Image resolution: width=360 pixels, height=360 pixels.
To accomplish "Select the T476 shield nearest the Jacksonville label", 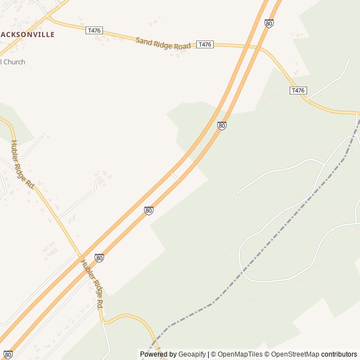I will pos(94,30).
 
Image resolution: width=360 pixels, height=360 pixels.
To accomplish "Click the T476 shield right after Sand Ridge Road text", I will pos(205,44).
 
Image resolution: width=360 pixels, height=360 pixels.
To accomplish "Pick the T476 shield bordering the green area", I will pos(298,91).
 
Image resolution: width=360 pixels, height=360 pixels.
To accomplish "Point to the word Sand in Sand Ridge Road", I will pos(144,40).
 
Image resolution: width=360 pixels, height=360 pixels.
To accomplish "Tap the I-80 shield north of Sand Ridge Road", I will pos(269,23).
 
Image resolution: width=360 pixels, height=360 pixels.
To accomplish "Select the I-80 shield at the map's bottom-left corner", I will pos(8,355).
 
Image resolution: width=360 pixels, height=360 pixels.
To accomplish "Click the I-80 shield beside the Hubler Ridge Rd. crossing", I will pos(99,258).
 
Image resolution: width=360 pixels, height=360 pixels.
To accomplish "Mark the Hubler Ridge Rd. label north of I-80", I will pos(22,164).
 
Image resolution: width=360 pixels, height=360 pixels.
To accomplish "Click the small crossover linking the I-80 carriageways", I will pos(175,177).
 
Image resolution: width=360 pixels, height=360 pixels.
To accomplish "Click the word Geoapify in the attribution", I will pos(192,354).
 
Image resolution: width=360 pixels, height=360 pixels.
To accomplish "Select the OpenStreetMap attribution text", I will pos(295,354).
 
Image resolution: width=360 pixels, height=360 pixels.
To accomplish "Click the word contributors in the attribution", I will pos(339,354).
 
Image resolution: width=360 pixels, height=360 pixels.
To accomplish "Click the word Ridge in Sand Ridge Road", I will pos(163,43).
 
